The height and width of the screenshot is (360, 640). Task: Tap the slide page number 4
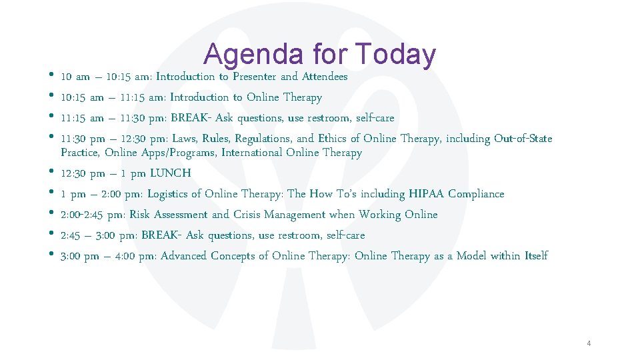point(589,343)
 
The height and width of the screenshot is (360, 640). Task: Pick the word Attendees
point(325,77)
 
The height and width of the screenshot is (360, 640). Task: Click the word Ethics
point(333,139)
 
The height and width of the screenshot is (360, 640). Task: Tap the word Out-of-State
point(523,139)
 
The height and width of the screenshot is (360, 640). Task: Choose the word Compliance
point(476,194)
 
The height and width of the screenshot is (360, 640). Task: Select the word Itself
point(536,256)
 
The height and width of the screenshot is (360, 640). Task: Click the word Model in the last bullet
point(471,256)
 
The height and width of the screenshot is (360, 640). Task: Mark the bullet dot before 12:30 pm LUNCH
point(52,173)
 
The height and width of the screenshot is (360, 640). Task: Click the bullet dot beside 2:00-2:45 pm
point(52,214)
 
